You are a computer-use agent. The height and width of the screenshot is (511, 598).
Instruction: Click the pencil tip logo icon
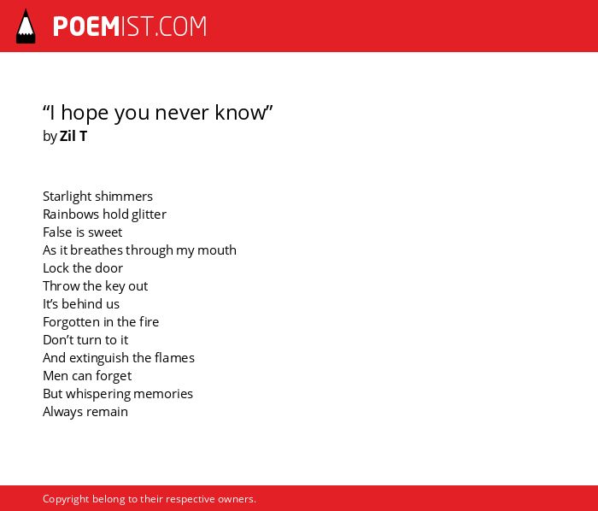[x=26, y=26]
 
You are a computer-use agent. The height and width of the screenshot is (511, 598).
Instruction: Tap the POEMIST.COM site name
[x=130, y=26]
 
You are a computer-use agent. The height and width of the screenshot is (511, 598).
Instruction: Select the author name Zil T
[x=73, y=136]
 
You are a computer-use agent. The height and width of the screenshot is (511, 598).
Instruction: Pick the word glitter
[x=149, y=214]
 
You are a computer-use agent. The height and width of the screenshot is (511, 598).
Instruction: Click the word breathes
[x=96, y=250]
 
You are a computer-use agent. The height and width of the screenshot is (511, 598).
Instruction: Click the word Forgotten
[x=71, y=322]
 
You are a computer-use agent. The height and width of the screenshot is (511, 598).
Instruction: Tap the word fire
[x=149, y=322]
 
